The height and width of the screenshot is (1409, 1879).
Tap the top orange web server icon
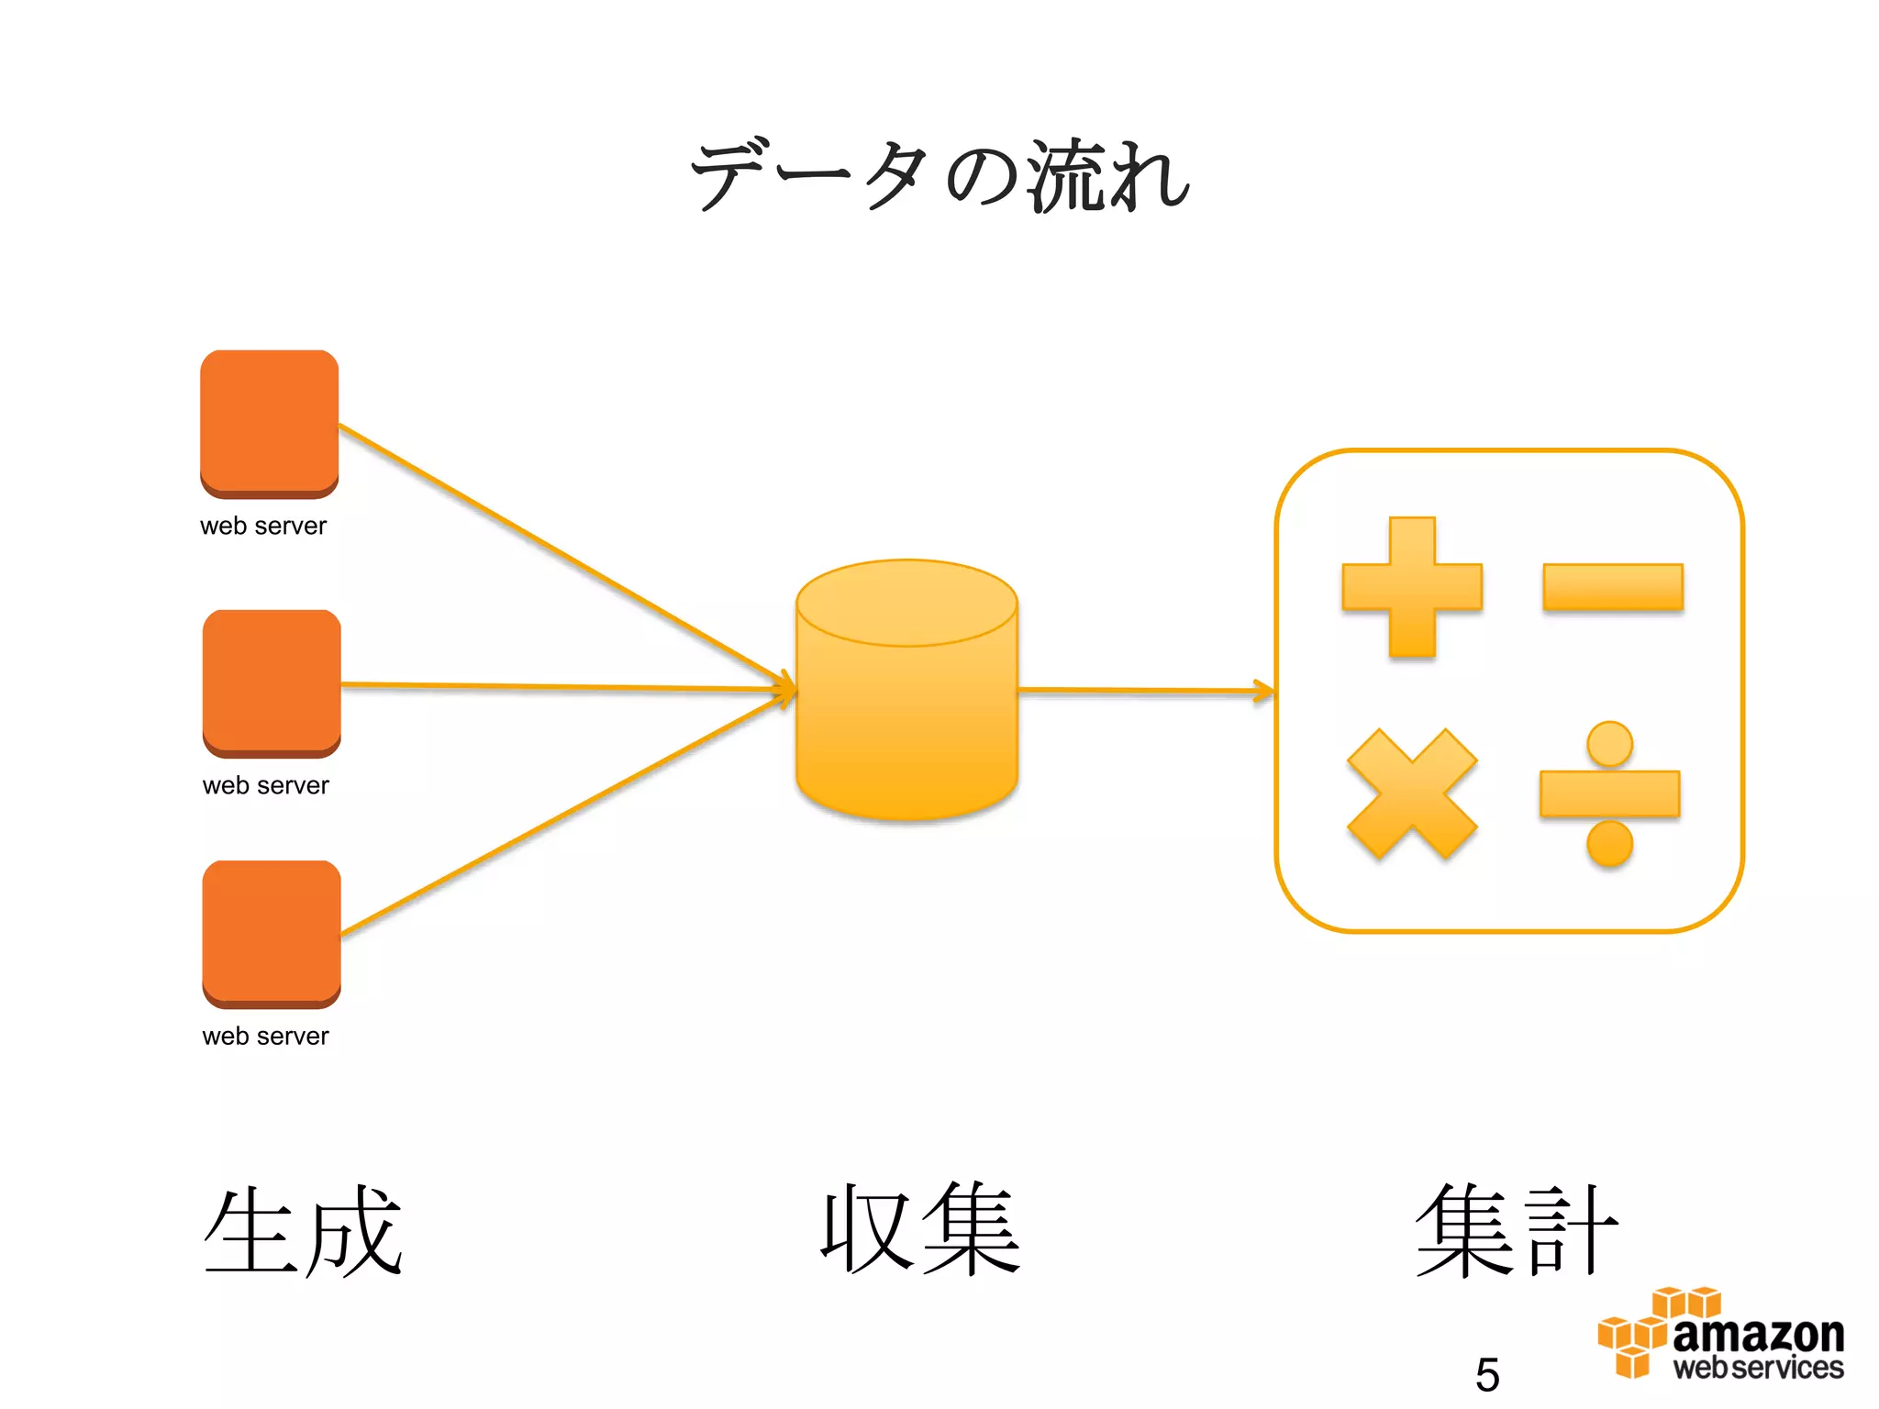pos(269,422)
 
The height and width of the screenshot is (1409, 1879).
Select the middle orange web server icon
pos(272,682)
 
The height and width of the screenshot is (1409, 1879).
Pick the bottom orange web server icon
pos(272,933)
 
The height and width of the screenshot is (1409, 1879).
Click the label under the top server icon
pos(263,526)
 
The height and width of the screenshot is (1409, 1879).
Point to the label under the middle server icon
pos(265,785)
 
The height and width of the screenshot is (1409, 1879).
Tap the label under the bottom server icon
pos(265,1036)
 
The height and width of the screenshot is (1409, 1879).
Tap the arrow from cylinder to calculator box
pos(1147,690)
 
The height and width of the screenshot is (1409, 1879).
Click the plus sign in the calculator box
pos(1412,587)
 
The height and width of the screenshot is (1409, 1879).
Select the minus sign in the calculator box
pos(1612,587)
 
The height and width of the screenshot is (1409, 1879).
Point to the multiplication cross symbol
pos(1412,794)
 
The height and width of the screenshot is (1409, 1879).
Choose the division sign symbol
pos(1610,794)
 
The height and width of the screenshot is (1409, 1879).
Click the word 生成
pos(303,1231)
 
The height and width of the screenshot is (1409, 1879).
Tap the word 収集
pos(920,1229)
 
